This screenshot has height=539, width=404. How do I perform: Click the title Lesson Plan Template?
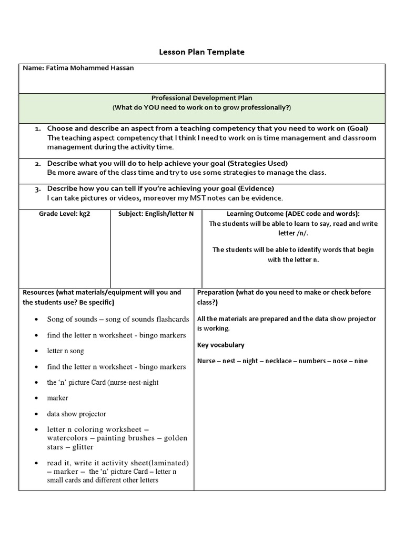201,52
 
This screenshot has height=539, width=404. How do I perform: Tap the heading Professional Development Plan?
201,98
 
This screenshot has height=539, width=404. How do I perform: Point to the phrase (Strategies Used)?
258,164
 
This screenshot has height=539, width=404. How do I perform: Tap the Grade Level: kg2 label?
64,214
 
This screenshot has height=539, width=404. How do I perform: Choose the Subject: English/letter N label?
156,214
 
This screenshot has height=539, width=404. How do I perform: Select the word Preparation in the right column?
216,293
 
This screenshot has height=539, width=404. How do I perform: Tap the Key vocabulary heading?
220,345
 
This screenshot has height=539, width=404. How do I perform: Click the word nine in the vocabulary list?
361,361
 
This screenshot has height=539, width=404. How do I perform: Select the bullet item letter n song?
65,351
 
